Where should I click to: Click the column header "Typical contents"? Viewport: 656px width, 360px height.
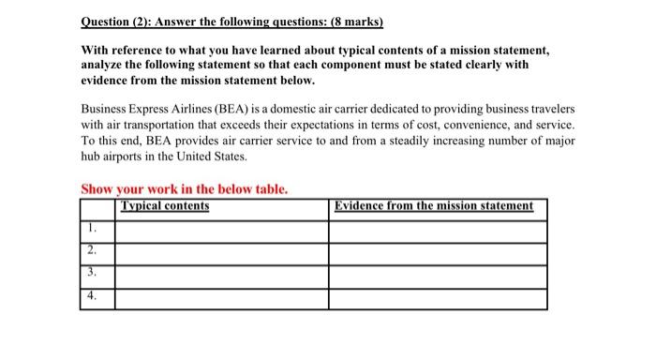165,206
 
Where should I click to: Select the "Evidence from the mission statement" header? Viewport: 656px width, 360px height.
433,206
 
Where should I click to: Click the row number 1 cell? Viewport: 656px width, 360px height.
91,228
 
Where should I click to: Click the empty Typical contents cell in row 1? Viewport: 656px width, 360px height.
221,228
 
